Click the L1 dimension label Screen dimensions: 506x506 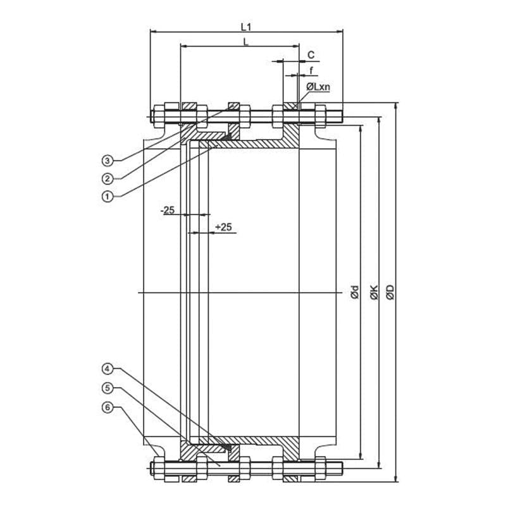(246, 27)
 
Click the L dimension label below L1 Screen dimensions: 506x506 (246, 42)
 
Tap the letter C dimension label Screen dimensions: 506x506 (311, 55)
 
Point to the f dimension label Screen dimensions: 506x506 (311, 70)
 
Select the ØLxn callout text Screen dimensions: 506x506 (318, 87)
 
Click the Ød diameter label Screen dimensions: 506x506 (355, 292)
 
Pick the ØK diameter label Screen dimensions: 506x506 (374, 292)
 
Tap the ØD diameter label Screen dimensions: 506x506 (390, 292)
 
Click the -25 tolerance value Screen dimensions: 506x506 (168, 211)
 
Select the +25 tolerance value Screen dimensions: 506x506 (224, 227)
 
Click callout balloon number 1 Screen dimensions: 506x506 (108, 196)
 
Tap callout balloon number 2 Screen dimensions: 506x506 (108, 178)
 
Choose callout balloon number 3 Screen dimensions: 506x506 (108, 160)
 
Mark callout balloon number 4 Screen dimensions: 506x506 (108, 369)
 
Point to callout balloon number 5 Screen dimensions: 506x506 (108, 388)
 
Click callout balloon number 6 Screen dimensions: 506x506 (108, 407)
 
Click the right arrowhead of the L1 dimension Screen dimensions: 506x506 (340, 32)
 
